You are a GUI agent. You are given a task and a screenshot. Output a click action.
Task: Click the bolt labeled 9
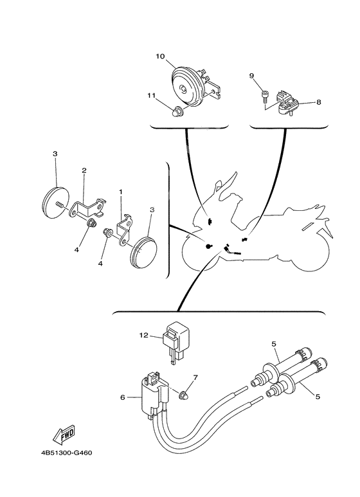point(265,96)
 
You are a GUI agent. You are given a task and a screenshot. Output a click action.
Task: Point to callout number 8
point(318,102)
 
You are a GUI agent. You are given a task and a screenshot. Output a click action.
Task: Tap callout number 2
point(84,170)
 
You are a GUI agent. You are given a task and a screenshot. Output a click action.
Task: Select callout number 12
point(144,335)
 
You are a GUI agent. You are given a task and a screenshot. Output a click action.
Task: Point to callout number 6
point(122,397)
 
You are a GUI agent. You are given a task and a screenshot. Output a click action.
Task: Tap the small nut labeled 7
point(183,395)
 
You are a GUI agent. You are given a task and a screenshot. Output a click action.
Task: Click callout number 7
point(195,378)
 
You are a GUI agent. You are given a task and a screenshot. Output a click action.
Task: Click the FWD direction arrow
point(64,433)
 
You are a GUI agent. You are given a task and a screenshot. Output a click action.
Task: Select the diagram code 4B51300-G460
point(66,453)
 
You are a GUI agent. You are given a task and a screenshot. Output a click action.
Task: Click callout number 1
point(120,192)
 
